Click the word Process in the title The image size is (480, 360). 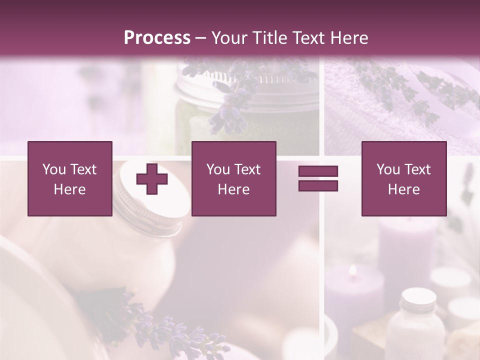coord(157,38)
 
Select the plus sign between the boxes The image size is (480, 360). coord(152,179)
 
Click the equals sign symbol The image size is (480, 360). coord(318,178)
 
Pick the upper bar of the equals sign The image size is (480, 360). coord(318,171)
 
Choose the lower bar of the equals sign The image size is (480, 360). coord(318,186)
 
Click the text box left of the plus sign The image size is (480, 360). coord(70,178)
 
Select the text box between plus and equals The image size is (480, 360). coord(233,178)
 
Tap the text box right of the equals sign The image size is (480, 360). coord(403,178)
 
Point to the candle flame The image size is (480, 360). coord(353,271)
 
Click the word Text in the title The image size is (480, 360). coord(307,38)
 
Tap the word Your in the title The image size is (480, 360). coord(228,38)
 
